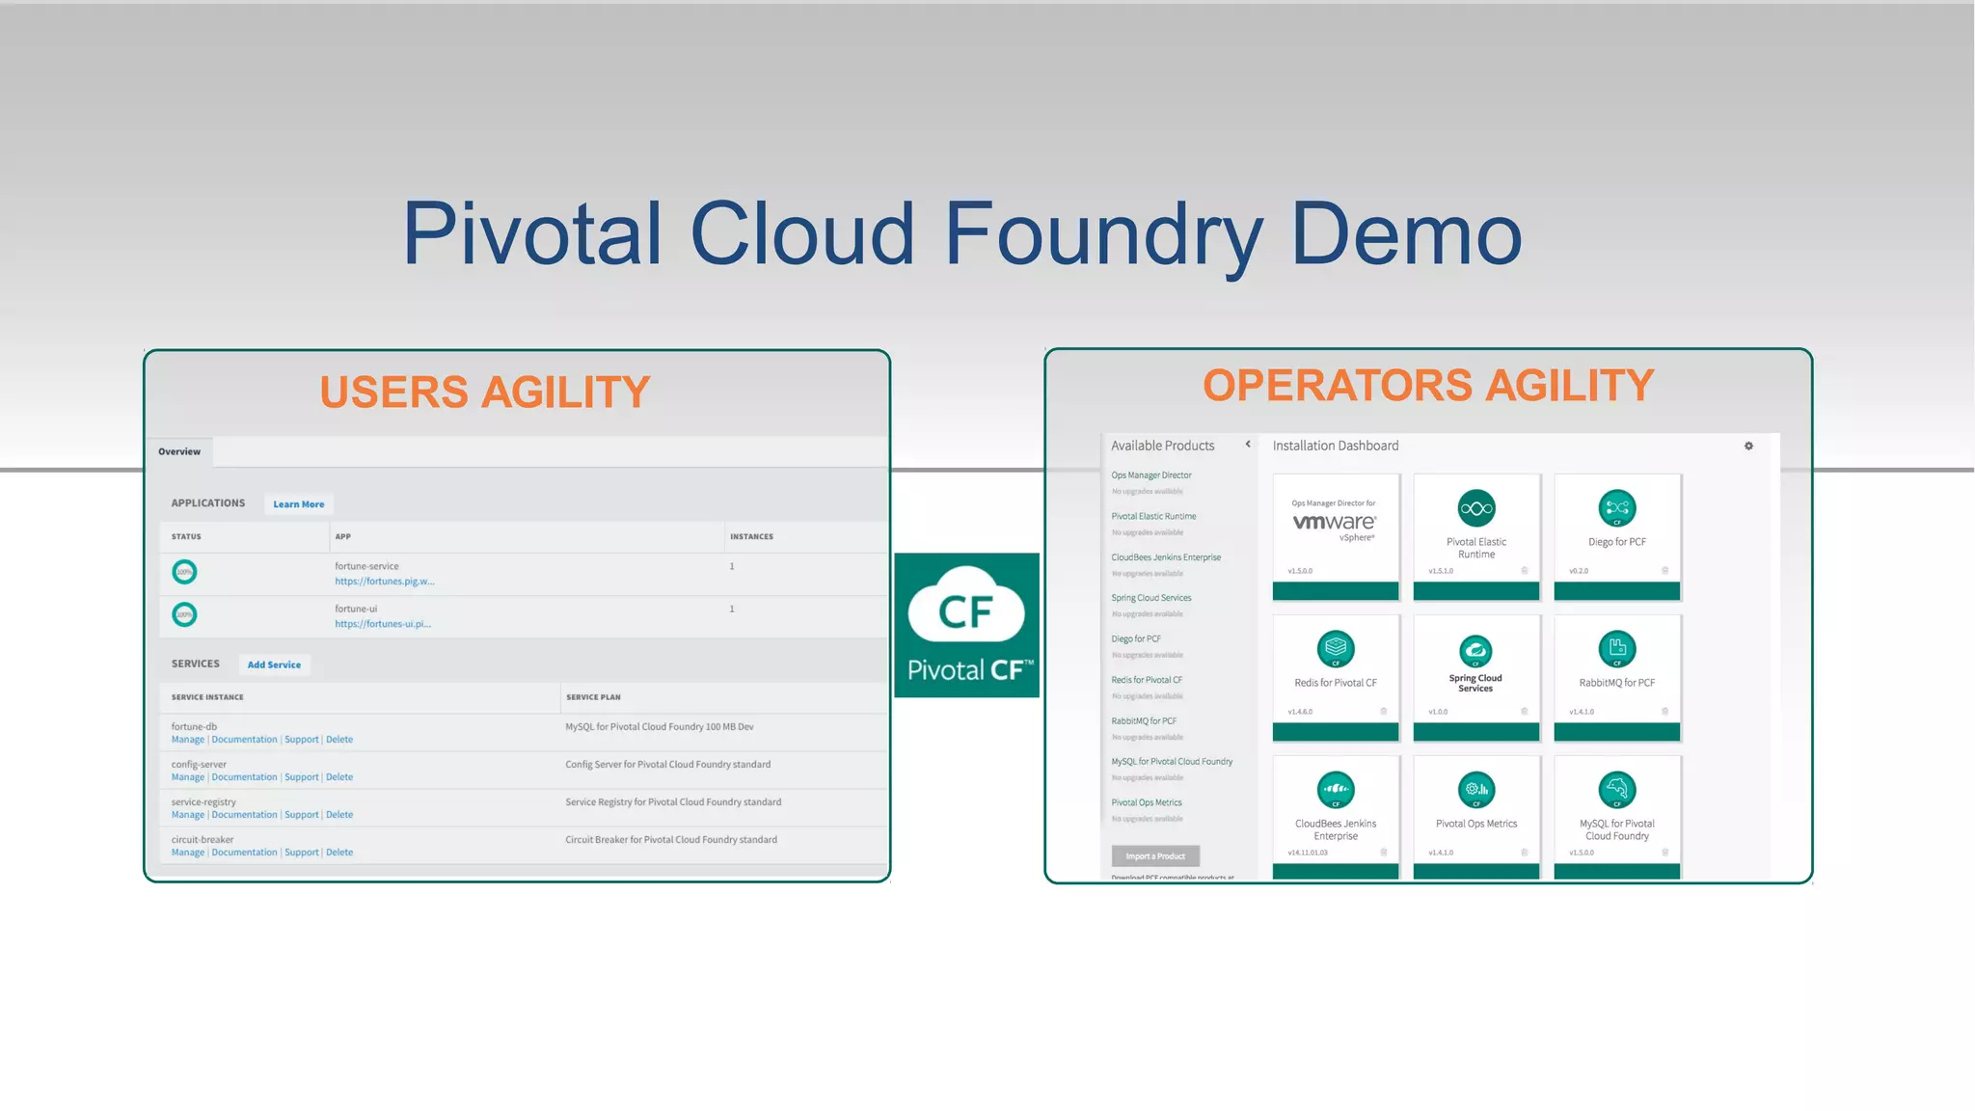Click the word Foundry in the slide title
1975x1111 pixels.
pyautogui.click(x=1103, y=234)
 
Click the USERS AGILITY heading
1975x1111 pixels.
pyautogui.click(x=485, y=393)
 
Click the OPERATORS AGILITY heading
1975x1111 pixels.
pyautogui.click(x=1428, y=386)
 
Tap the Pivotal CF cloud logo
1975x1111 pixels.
pyautogui.click(x=966, y=624)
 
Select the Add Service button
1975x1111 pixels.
pyautogui.click(x=274, y=664)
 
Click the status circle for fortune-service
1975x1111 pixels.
pyautogui.click(x=184, y=572)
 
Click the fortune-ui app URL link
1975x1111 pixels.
pyautogui.click(x=383, y=624)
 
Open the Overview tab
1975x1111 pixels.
pyautogui.click(x=179, y=451)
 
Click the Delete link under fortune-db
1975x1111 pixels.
pyautogui.click(x=339, y=740)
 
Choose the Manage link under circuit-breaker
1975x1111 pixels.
pyautogui.click(x=188, y=853)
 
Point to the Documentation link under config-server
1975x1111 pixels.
pyautogui.click(x=244, y=777)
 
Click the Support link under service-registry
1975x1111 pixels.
pyautogui.click(x=302, y=815)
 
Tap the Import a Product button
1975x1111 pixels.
pyautogui.click(x=1155, y=856)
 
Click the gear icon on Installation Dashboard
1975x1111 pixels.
pyautogui.click(x=1748, y=446)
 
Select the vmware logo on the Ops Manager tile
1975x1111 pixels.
pyautogui.click(x=1335, y=522)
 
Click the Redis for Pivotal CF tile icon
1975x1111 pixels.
pyautogui.click(x=1336, y=649)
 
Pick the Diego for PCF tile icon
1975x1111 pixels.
pyautogui.click(x=1617, y=508)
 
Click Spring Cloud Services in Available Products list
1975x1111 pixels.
pyautogui.click(x=1151, y=598)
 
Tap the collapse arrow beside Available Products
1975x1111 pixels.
pyautogui.click(x=1248, y=445)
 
